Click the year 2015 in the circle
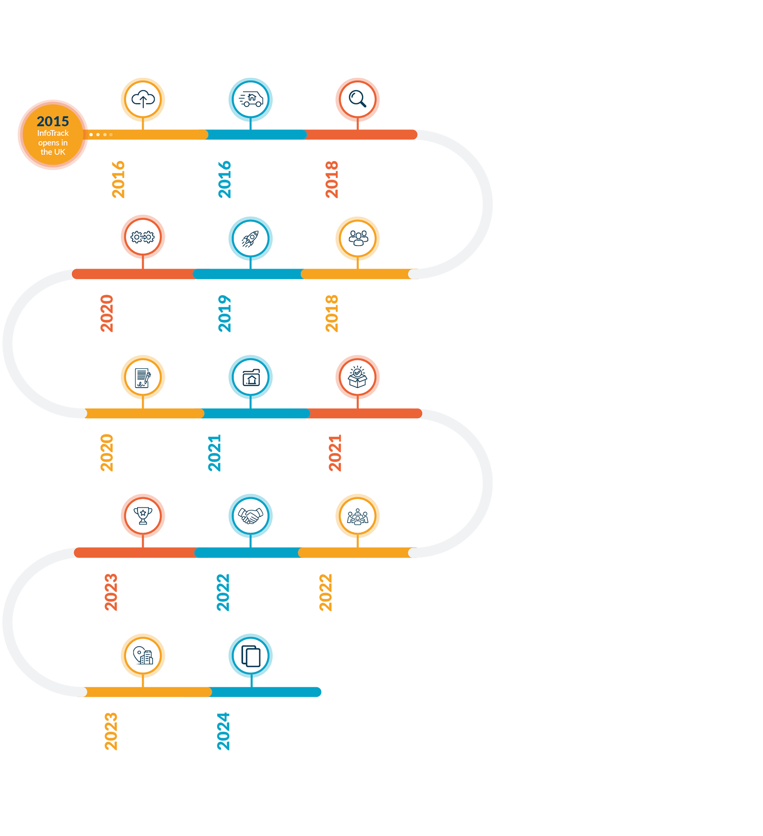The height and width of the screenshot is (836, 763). point(53,121)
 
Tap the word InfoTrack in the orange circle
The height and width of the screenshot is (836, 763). point(53,133)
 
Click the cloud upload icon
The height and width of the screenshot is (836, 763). point(143,99)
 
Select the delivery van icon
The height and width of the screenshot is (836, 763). point(251,99)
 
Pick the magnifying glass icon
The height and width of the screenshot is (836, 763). point(357,99)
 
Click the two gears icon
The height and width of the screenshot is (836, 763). point(143,237)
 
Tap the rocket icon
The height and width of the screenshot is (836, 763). point(251,239)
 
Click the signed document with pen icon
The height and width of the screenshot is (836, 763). point(143,377)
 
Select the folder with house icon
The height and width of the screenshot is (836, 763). point(251,377)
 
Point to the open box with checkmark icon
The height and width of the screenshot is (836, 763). point(358,377)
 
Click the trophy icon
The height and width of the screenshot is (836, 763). point(143,516)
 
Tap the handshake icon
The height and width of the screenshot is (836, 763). point(251,516)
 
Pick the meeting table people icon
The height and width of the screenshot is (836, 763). point(358,516)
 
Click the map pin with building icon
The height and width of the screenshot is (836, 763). point(143,656)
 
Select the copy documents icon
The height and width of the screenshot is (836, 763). point(251,656)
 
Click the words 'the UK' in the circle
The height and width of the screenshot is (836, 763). point(53,152)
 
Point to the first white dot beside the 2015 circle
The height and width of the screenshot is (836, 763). point(91,135)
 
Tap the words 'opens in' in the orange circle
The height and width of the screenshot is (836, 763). point(53,143)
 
